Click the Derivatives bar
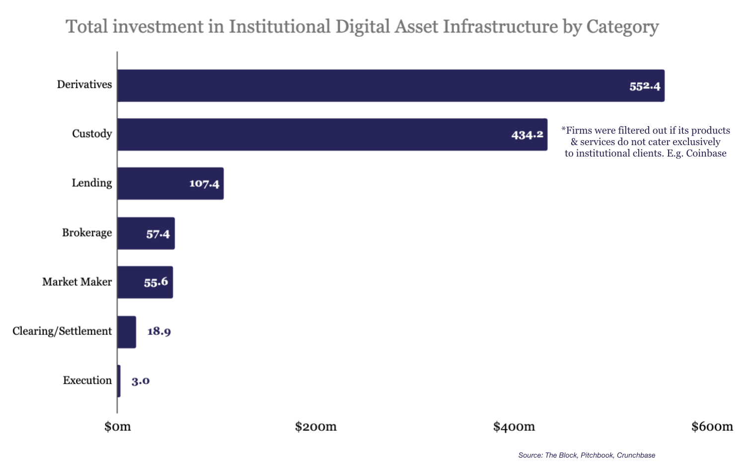(x=390, y=85)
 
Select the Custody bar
(x=332, y=134)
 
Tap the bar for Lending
(x=170, y=183)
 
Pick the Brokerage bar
(x=146, y=233)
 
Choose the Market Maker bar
(x=145, y=282)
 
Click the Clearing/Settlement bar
(x=127, y=331)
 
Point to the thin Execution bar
(x=119, y=381)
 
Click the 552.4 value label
(x=645, y=86)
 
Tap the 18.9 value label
(x=159, y=331)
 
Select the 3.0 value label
(x=141, y=381)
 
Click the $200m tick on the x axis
(x=316, y=426)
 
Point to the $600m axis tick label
(x=712, y=426)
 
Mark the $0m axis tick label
(x=118, y=426)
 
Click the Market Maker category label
(x=77, y=282)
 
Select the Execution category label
(x=87, y=381)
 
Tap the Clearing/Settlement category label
(x=62, y=331)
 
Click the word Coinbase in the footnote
(x=706, y=154)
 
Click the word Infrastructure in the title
(x=500, y=26)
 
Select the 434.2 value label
(x=527, y=135)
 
